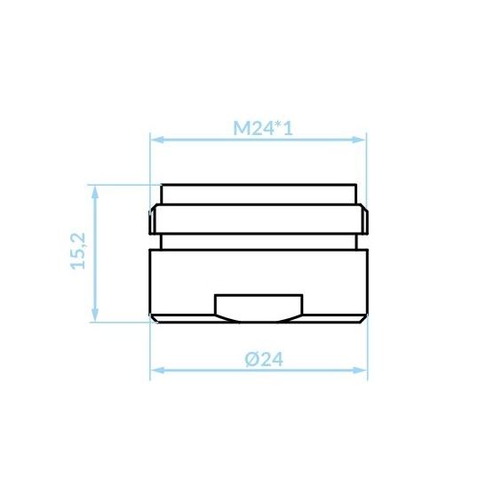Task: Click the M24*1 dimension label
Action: point(263,128)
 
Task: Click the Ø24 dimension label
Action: point(264,359)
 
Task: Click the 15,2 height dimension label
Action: point(78,251)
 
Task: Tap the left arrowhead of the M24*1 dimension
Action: point(156,140)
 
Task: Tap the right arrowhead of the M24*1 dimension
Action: point(359,140)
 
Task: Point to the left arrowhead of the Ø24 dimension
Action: point(157,371)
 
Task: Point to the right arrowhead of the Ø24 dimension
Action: point(360,371)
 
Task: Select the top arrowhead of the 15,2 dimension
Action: point(95,192)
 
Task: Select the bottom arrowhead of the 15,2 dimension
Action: point(95,315)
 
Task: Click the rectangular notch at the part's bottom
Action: point(259,304)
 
